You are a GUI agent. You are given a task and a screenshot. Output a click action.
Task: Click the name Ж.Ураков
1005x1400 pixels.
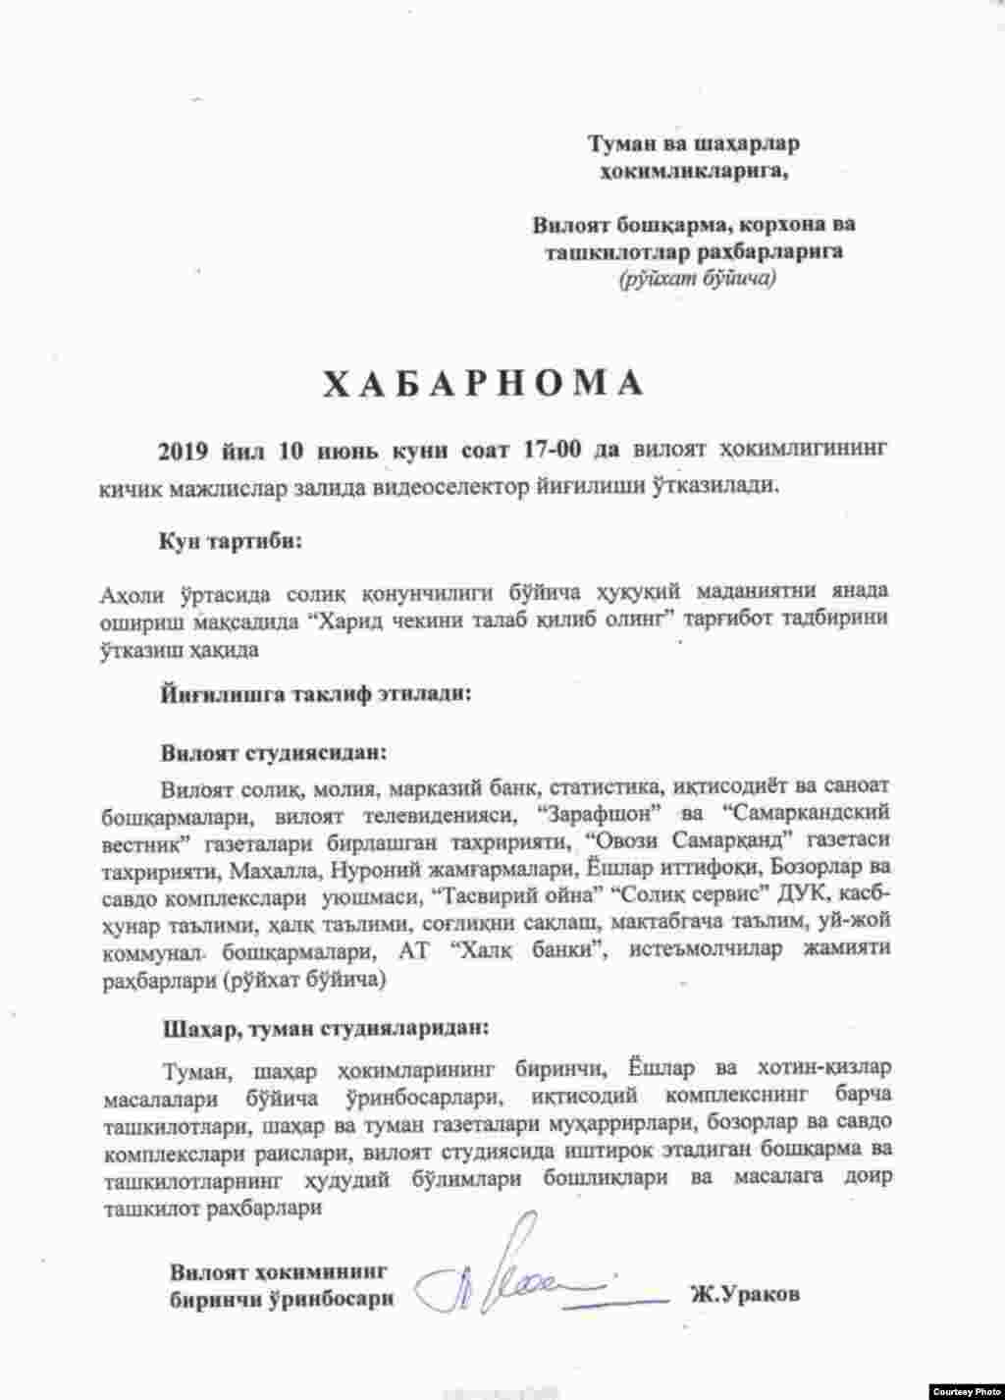pyautogui.click(x=744, y=1294)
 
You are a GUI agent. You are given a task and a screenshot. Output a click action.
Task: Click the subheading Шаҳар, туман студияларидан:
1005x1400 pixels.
pyautogui.click(x=323, y=1029)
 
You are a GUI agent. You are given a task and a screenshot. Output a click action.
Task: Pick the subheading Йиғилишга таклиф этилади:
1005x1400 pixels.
pyautogui.click(x=314, y=694)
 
